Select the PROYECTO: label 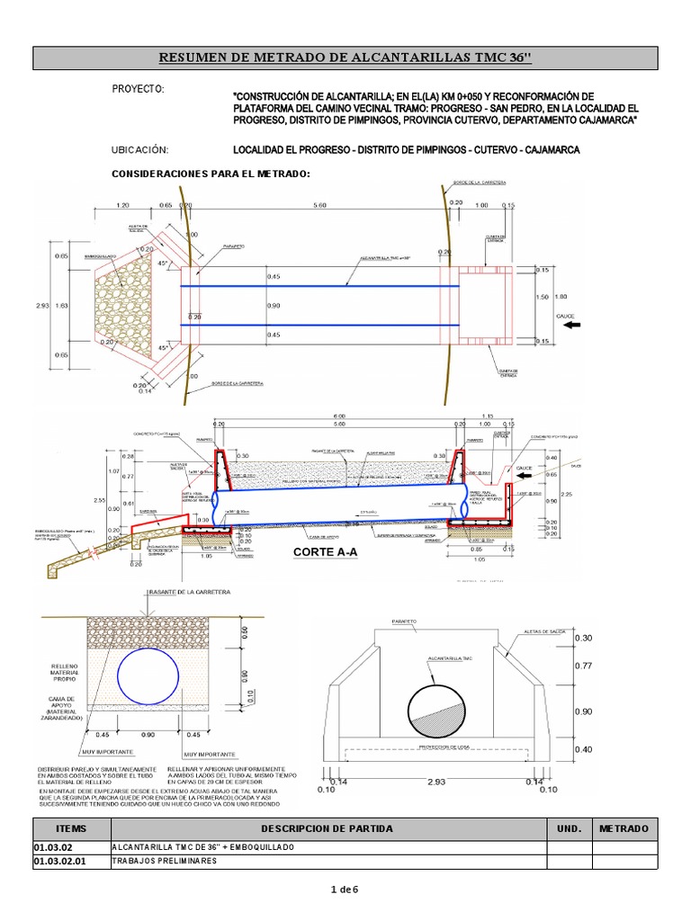[137, 90]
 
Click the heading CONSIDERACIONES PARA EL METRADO [209, 173]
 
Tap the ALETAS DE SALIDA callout [552, 633]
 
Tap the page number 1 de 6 [345, 890]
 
